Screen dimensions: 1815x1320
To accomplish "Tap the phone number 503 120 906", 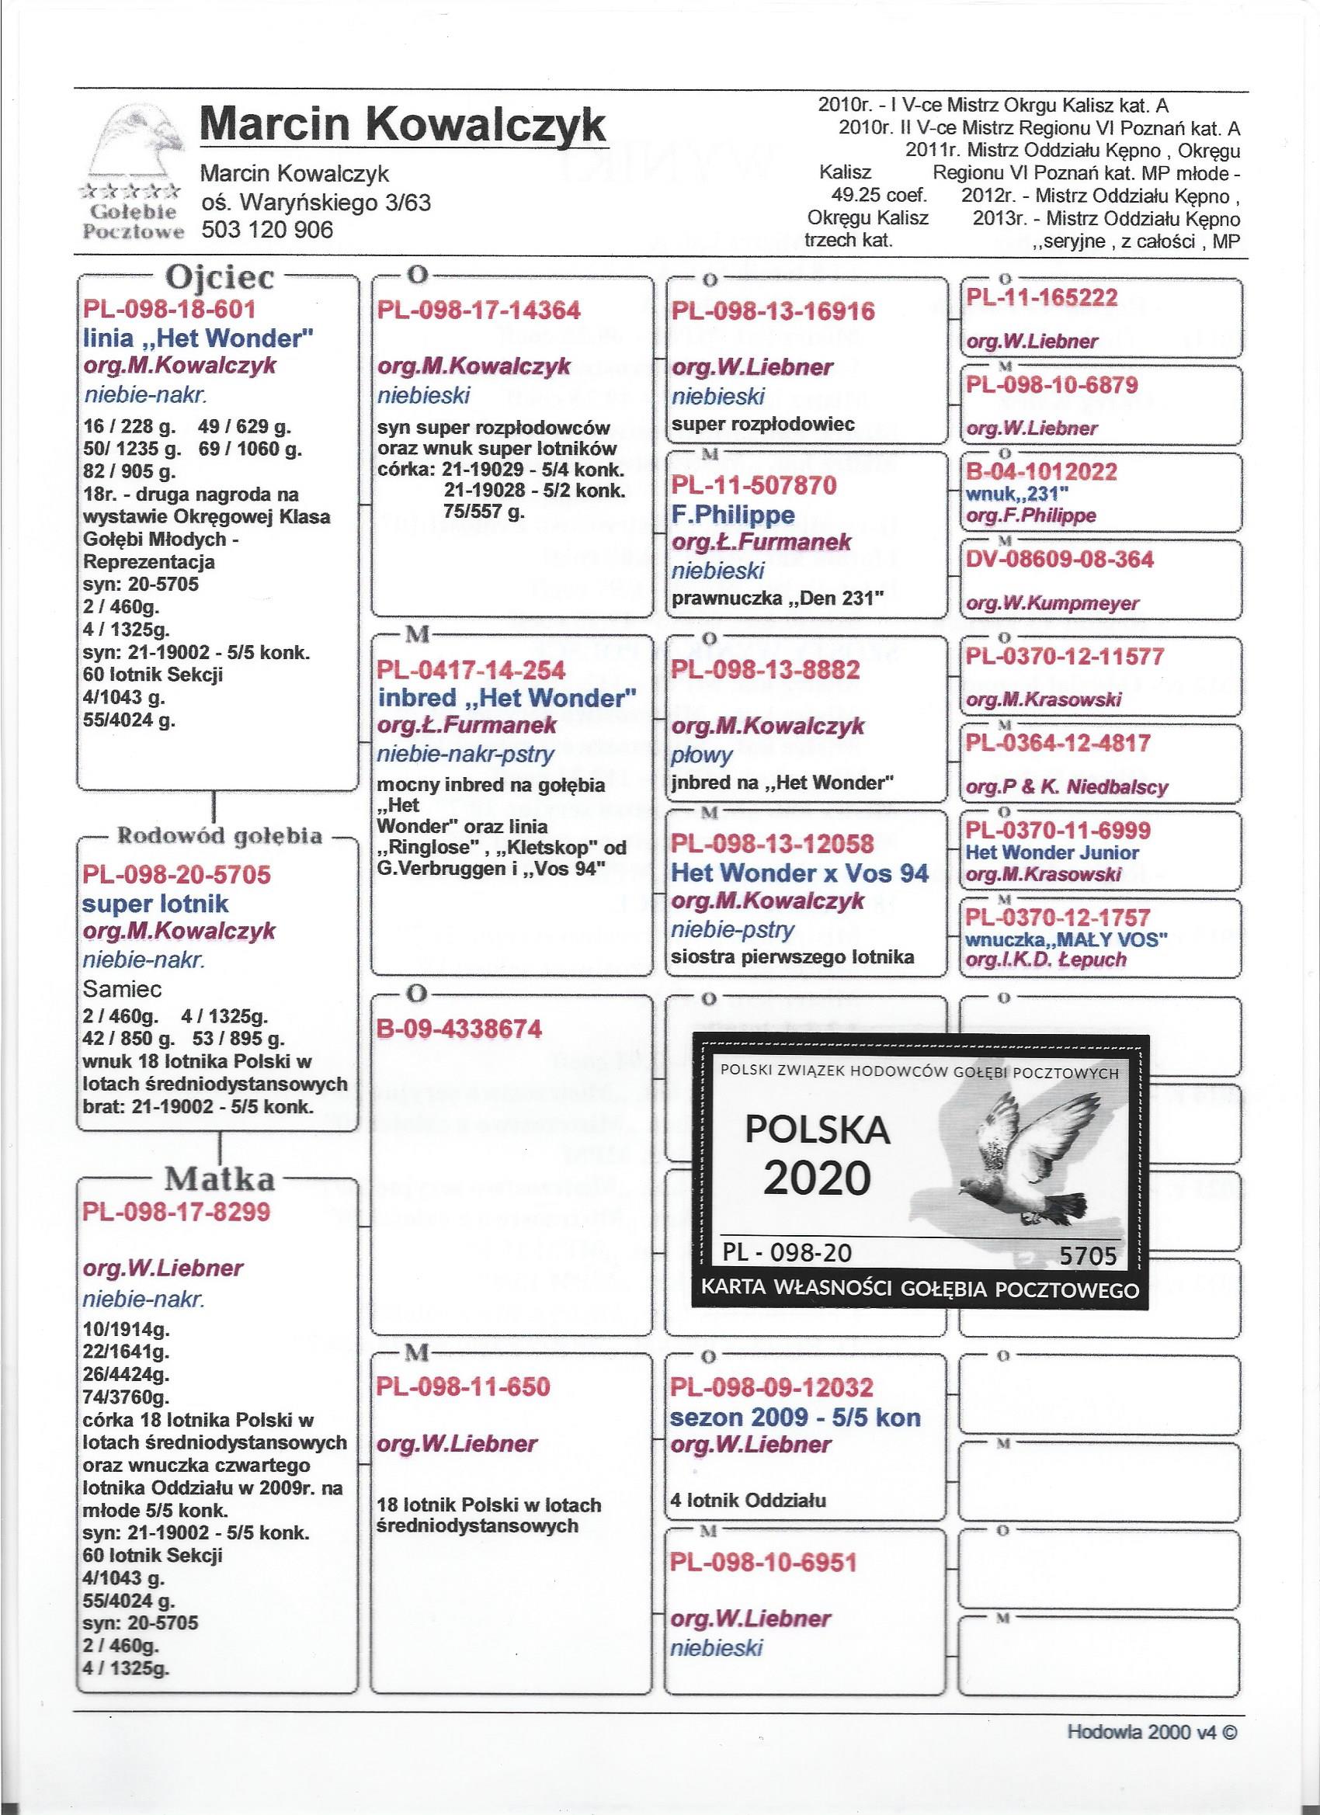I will tap(266, 231).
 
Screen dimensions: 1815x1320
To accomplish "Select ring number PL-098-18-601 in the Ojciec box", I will tap(169, 310).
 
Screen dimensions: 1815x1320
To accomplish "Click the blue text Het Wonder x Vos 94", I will tap(800, 873).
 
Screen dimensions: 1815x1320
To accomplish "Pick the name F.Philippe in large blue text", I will tap(733, 514).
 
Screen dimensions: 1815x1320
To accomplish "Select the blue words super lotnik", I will tap(155, 904).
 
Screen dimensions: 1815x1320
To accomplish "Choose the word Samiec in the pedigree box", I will tap(123, 990).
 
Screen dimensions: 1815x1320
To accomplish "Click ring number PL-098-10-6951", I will tap(764, 1561).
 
